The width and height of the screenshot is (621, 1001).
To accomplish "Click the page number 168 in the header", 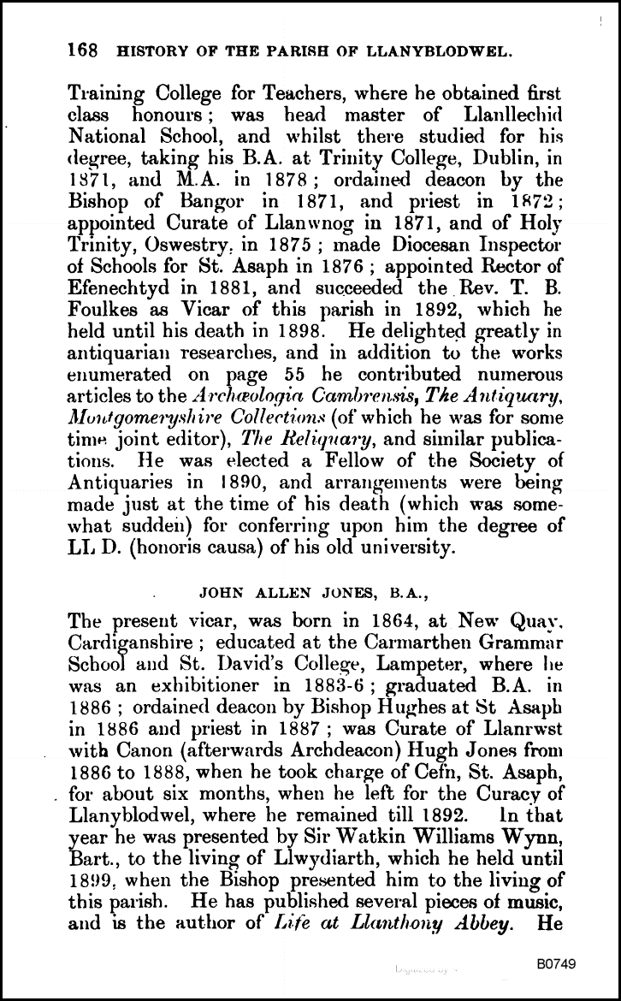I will coord(81,50).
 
